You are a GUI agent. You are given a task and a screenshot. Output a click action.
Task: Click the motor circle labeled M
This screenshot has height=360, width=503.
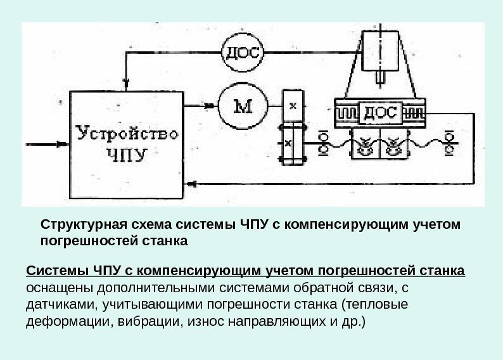click(241, 106)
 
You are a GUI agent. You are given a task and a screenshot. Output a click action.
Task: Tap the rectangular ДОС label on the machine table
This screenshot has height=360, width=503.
click(379, 113)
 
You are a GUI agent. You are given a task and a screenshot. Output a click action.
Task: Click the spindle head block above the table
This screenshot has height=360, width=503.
click(380, 51)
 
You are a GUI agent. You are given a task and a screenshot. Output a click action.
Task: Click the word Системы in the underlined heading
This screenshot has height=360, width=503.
click(52, 273)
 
